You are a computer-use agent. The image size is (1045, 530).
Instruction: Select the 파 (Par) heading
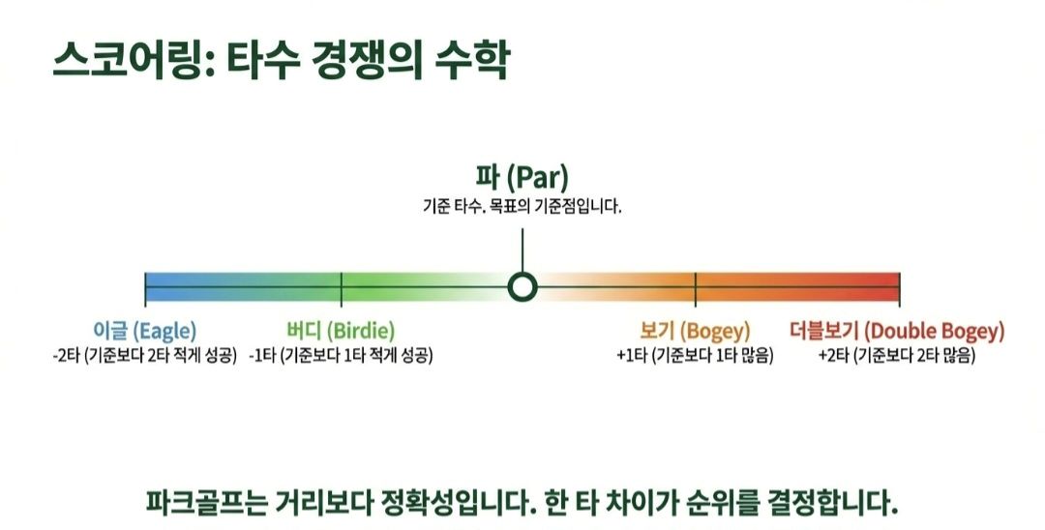click(522, 178)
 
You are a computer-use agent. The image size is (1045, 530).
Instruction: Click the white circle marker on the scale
click(522, 286)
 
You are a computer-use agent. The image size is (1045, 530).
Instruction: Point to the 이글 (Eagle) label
click(145, 331)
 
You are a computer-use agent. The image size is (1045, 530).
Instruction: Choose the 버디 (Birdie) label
click(341, 331)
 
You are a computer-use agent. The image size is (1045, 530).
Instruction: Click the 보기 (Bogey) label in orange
click(695, 331)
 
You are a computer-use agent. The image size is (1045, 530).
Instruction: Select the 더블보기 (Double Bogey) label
click(897, 331)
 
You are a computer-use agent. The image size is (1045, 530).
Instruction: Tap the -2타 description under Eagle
click(145, 355)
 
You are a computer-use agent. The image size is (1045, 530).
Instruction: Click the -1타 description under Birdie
click(341, 355)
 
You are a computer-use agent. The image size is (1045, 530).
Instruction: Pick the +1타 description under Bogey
click(695, 355)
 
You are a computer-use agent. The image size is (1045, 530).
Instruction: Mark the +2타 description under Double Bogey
click(897, 355)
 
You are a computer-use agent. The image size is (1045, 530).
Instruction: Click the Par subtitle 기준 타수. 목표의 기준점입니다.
click(522, 206)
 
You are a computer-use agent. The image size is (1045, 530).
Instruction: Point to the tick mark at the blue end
click(146, 287)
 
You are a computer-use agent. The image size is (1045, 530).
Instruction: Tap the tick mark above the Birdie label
click(342, 287)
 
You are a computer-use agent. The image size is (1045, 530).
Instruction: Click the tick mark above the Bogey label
click(696, 287)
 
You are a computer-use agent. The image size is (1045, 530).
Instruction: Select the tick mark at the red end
click(900, 287)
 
